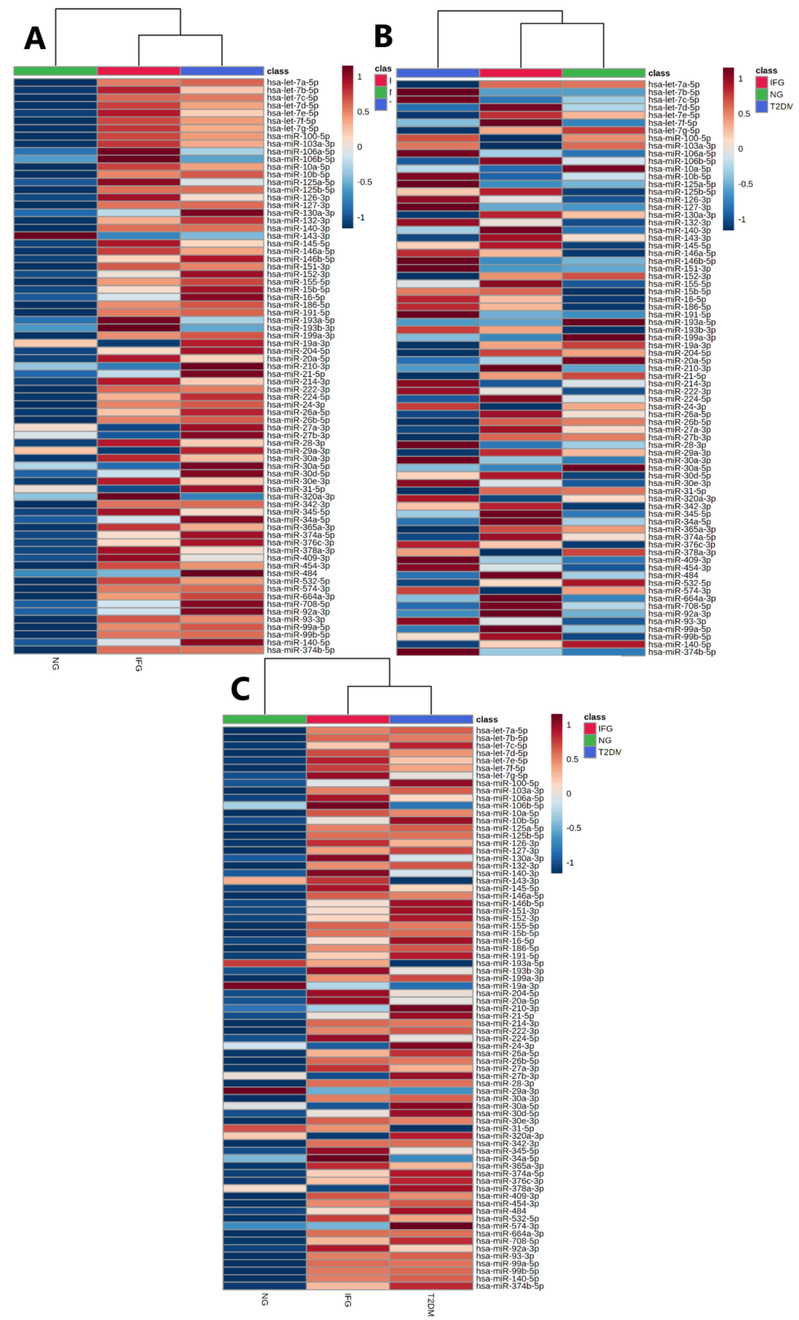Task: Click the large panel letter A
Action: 35,39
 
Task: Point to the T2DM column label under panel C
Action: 431,1303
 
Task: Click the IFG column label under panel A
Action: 139,664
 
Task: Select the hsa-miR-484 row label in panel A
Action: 292,573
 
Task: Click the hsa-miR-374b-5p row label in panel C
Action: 509,1286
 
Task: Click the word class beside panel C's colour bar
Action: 487,719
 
